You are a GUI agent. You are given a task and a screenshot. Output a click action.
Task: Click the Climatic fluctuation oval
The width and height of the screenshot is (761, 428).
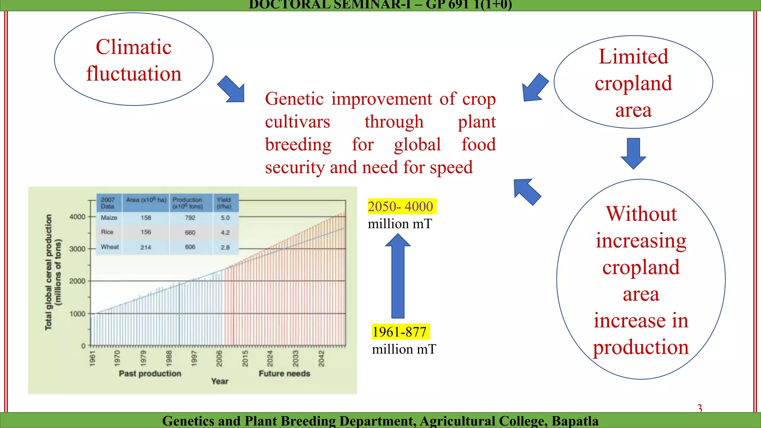click(x=134, y=59)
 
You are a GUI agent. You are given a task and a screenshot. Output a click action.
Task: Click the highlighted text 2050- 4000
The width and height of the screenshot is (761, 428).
click(x=401, y=206)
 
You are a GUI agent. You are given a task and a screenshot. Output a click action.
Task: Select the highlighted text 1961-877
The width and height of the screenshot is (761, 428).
click(x=399, y=332)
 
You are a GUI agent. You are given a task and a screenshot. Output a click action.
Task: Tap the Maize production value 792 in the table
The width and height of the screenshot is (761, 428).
click(x=190, y=218)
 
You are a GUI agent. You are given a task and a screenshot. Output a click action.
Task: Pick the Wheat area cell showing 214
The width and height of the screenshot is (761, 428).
click(x=146, y=247)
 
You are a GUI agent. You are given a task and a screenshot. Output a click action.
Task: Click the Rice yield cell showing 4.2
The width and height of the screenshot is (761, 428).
click(x=225, y=233)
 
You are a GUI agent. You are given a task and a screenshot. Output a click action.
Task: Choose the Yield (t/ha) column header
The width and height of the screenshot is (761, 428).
click(x=224, y=203)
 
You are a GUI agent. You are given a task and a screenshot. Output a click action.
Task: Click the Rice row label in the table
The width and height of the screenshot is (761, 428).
click(x=107, y=232)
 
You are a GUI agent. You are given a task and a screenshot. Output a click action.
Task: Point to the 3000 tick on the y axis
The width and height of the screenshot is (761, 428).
click(x=77, y=249)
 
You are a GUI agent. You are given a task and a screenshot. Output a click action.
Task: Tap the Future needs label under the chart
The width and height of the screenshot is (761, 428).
click(x=284, y=373)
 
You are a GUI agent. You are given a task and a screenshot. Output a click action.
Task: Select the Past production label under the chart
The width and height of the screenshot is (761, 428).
click(x=150, y=373)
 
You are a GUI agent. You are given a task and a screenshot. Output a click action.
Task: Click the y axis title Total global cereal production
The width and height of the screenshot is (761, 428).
click(x=49, y=272)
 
